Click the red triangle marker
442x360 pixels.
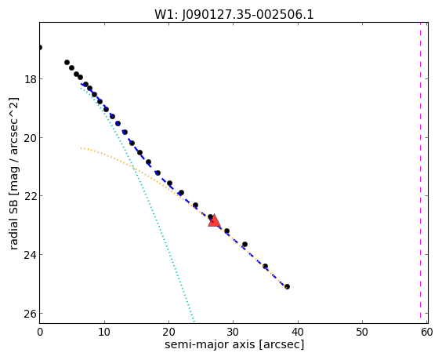pyautogui.click(x=214, y=220)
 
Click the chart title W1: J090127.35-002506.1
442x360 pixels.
pyautogui.click(x=234, y=14)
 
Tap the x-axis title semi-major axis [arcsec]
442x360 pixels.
pyautogui.click(x=234, y=344)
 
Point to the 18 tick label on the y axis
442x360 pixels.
pyautogui.click(x=30, y=79)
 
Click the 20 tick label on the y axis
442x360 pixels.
pyautogui.click(x=30, y=138)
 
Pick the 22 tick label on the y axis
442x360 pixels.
pyautogui.click(x=30, y=196)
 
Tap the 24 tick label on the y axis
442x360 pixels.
pyautogui.click(x=30, y=255)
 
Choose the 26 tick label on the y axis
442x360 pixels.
pyautogui.click(x=30, y=314)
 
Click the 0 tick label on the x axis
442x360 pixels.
pyautogui.click(x=40, y=333)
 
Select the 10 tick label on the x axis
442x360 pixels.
pyautogui.click(x=104, y=333)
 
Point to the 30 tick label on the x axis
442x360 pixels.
pyautogui.click(x=233, y=333)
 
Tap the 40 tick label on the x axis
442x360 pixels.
pyautogui.click(x=298, y=333)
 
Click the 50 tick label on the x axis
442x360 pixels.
pyautogui.click(x=362, y=333)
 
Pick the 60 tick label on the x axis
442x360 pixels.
pyautogui.click(x=426, y=333)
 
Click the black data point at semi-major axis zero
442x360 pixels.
pyautogui.click(x=40, y=47)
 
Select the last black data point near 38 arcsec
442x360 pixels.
pyautogui.click(x=287, y=286)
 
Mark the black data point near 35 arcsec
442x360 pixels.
pyautogui.click(x=265, y=266)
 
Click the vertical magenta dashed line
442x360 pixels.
pyautogui.click(x=420, y=173)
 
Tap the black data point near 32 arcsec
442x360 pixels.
pyautogui.click(x=245, y=244)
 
